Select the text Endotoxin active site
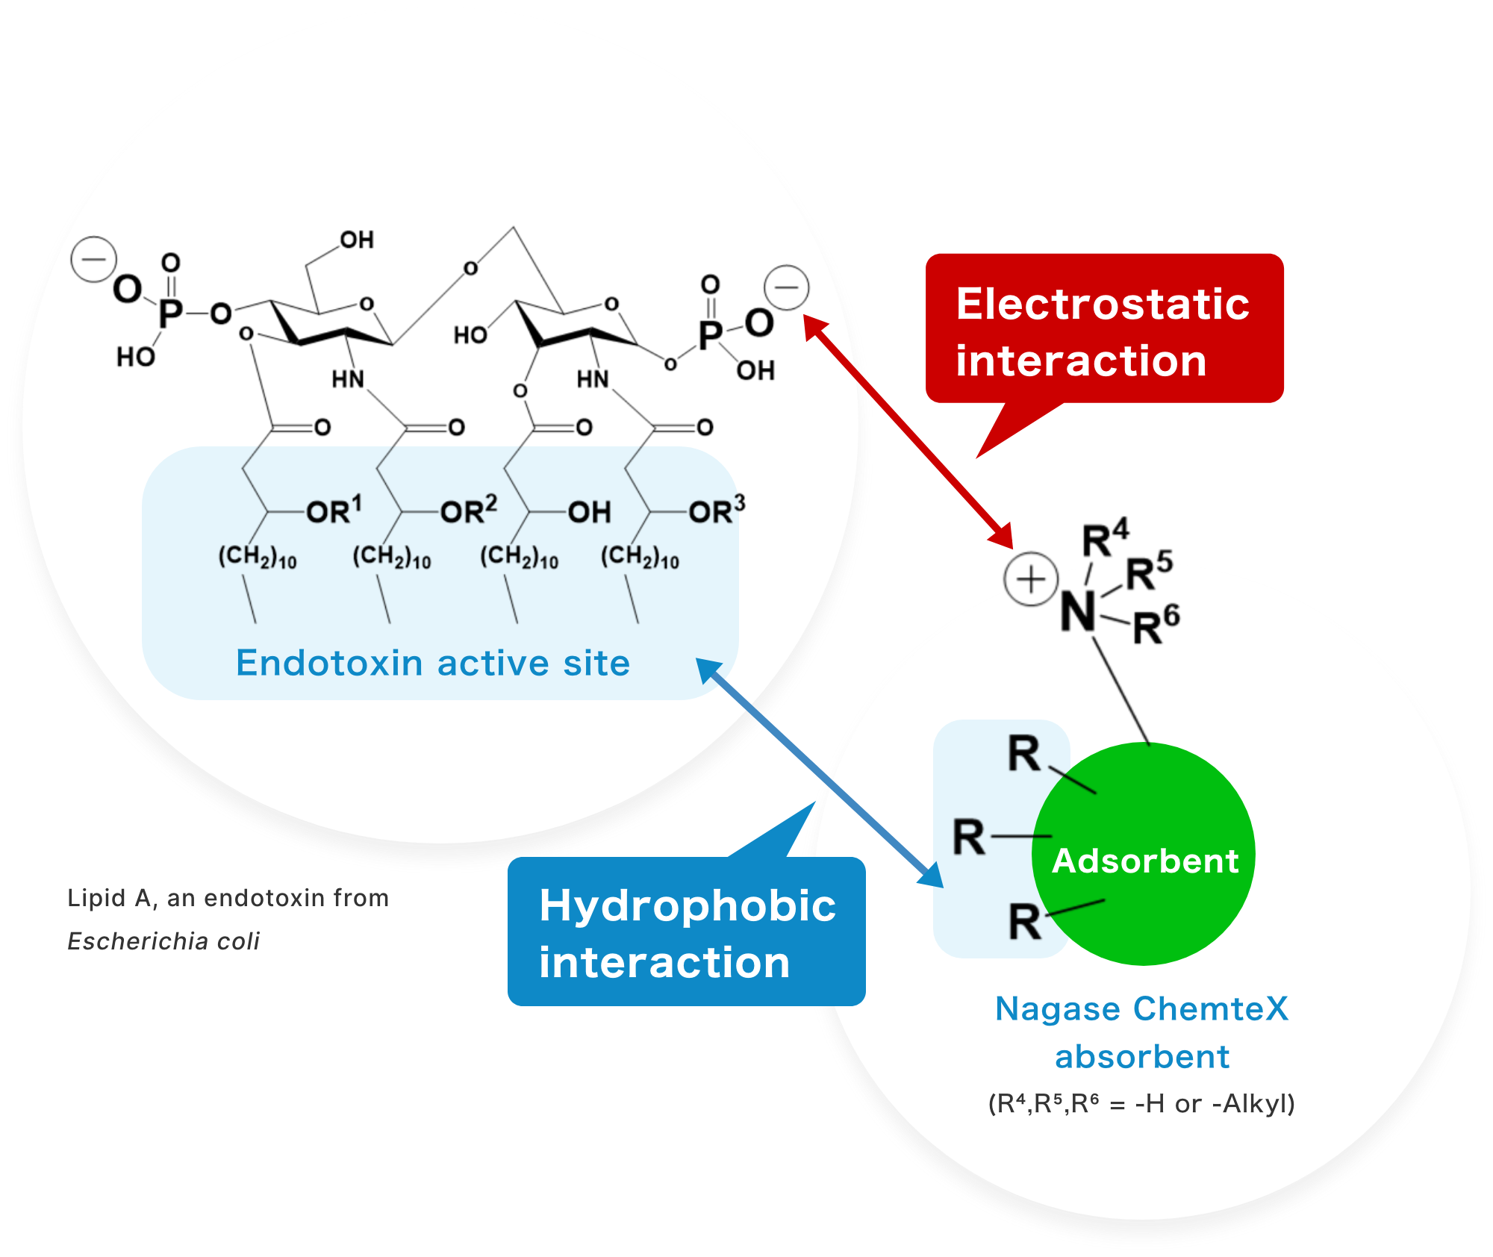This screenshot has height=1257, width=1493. pos(433,663)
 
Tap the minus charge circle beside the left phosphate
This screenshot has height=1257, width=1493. pos(93,259)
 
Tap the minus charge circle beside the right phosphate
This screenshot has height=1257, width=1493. pos(786,287)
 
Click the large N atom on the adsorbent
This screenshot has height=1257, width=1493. pos(1078,613)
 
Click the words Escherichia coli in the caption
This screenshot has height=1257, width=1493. pos(163,941)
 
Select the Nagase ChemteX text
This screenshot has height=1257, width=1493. pos(1141,1009)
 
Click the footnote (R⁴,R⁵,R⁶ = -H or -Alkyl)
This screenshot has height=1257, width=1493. pos(1141,1103)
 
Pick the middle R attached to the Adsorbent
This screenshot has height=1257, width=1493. pos(969,837)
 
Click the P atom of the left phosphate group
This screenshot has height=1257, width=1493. pos(170,313)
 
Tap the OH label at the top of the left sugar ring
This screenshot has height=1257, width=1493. pos(357,240)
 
